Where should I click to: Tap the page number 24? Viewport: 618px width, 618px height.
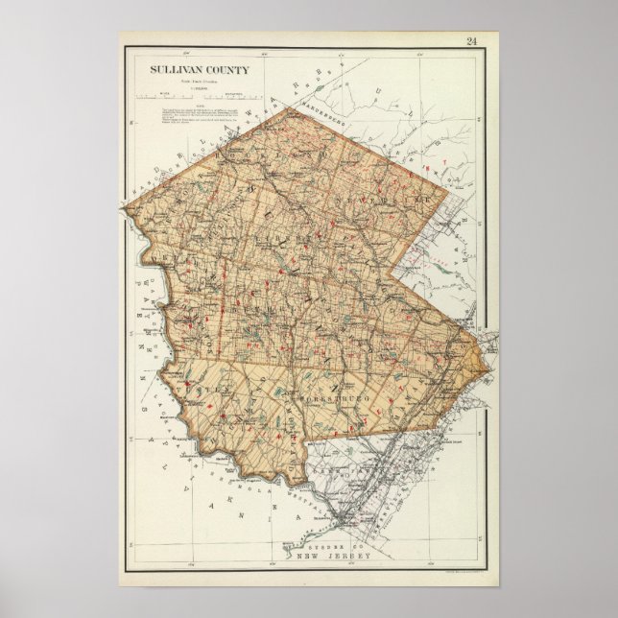pos(471,40)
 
